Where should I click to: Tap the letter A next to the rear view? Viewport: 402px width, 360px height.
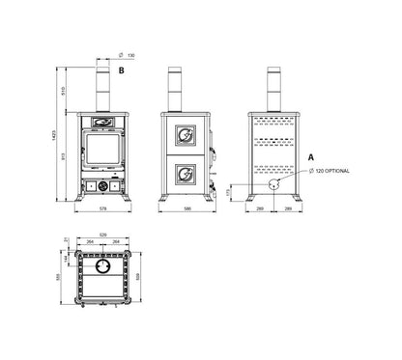tap(310, 155)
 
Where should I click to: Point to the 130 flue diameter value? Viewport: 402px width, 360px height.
tap(130, 56)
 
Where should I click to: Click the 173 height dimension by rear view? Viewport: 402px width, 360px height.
tap(228, 192)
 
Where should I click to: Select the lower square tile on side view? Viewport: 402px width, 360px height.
tap(181, 174)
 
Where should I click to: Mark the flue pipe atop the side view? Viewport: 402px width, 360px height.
tap(176, 89)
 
